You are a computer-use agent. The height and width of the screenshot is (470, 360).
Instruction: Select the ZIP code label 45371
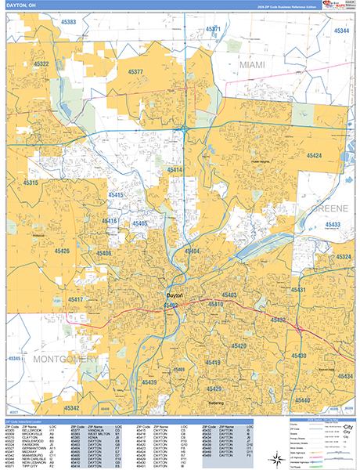pyautogui.click(x=213, y=29)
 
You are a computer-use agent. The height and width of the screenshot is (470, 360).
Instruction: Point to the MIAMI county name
pyautogui.click(x=253, y=63)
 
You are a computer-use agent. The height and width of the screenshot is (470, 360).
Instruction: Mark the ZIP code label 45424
pyautogui.click(x=314, y=156)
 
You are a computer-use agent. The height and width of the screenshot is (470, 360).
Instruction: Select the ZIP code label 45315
pyautogui.click(x=31, y=183)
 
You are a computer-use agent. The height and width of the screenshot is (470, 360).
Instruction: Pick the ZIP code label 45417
pyautogui.click(x=76, y=299)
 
